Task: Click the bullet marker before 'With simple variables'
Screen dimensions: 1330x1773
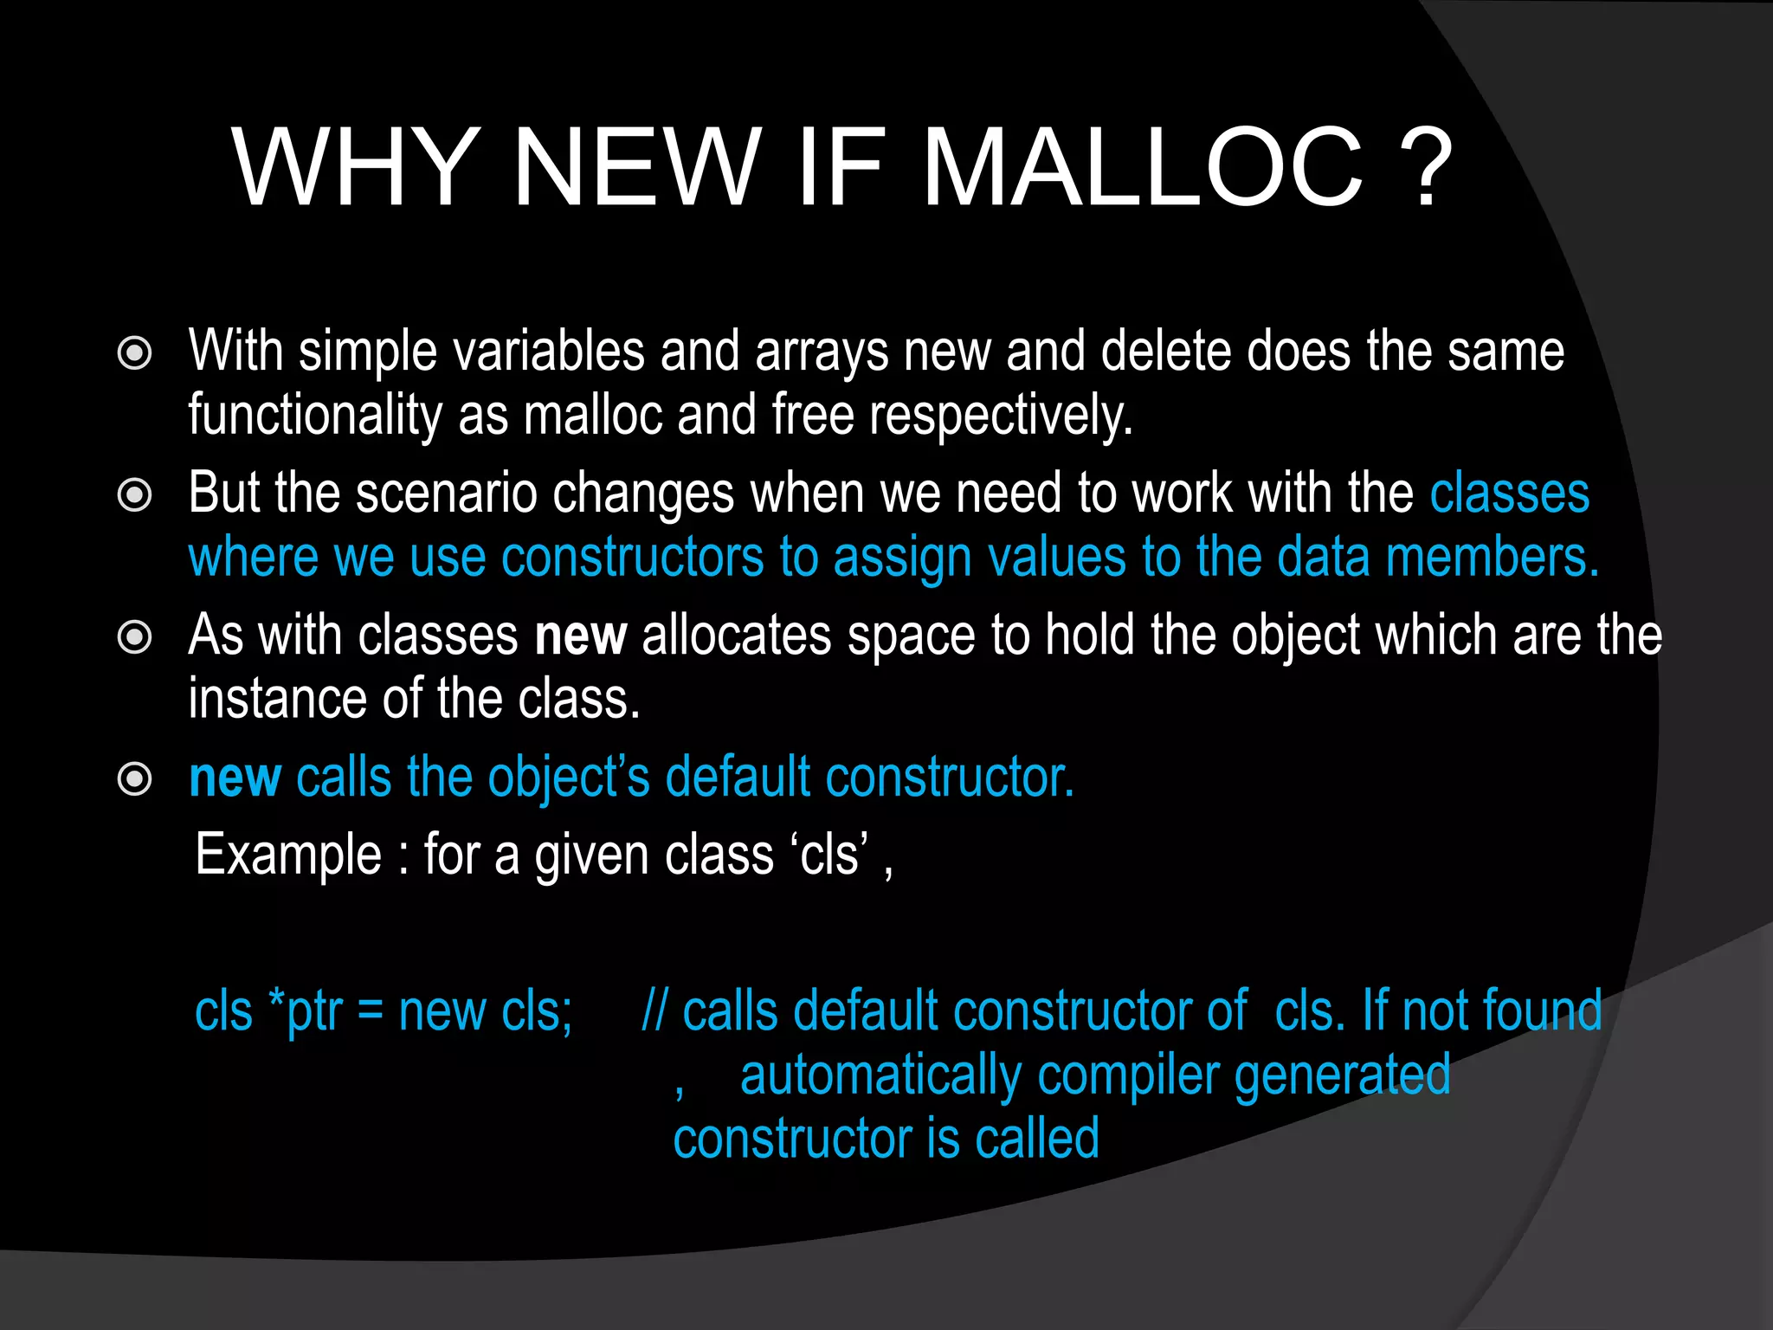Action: (x=134, y=353)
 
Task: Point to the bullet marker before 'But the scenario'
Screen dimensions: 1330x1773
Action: (x=134, y=495)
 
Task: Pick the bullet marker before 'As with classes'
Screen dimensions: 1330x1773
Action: (x=134, y=637)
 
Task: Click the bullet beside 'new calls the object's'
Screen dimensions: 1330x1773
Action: (x=134, y=779)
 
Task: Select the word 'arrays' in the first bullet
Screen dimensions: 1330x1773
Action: (x=822, y=353)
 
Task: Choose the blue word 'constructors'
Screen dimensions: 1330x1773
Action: (x=632, y=558)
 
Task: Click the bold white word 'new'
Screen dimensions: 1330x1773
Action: (x=580, y=636)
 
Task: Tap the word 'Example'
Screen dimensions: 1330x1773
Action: (x=288, y=855)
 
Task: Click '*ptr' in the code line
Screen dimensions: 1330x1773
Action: (x=306, y=1011)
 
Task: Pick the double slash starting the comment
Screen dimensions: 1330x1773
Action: (x=654, y=1010)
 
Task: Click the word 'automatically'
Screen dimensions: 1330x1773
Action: (x=880, y=1076)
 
